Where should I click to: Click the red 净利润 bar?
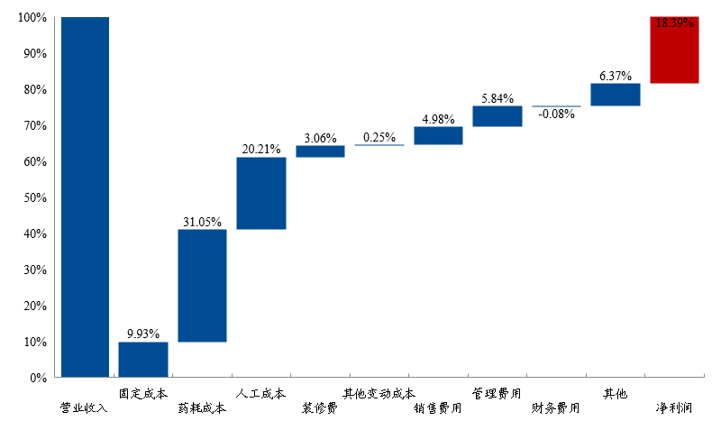coord(674,50)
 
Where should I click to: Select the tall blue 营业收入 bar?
coord(86,197)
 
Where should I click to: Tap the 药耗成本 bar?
coord(202,286)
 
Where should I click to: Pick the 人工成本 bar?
coord(261,193)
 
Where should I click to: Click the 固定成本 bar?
coord(143,359)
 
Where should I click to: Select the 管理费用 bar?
coord(497,116)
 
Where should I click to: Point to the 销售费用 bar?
coord(438,135)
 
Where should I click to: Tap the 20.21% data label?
coord(261,149)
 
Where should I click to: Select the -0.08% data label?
coord(556,114)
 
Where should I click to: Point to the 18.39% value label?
coord(674,23)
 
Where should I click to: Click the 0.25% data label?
coord(379,137)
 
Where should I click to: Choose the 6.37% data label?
coord(615,76)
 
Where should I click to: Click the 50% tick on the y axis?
coord(33,197)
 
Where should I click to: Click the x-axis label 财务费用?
coord(556,408)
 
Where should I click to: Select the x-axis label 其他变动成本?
coord(379,393)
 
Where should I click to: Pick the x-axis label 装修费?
coord(320,408)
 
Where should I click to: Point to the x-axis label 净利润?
coord(674,408)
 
